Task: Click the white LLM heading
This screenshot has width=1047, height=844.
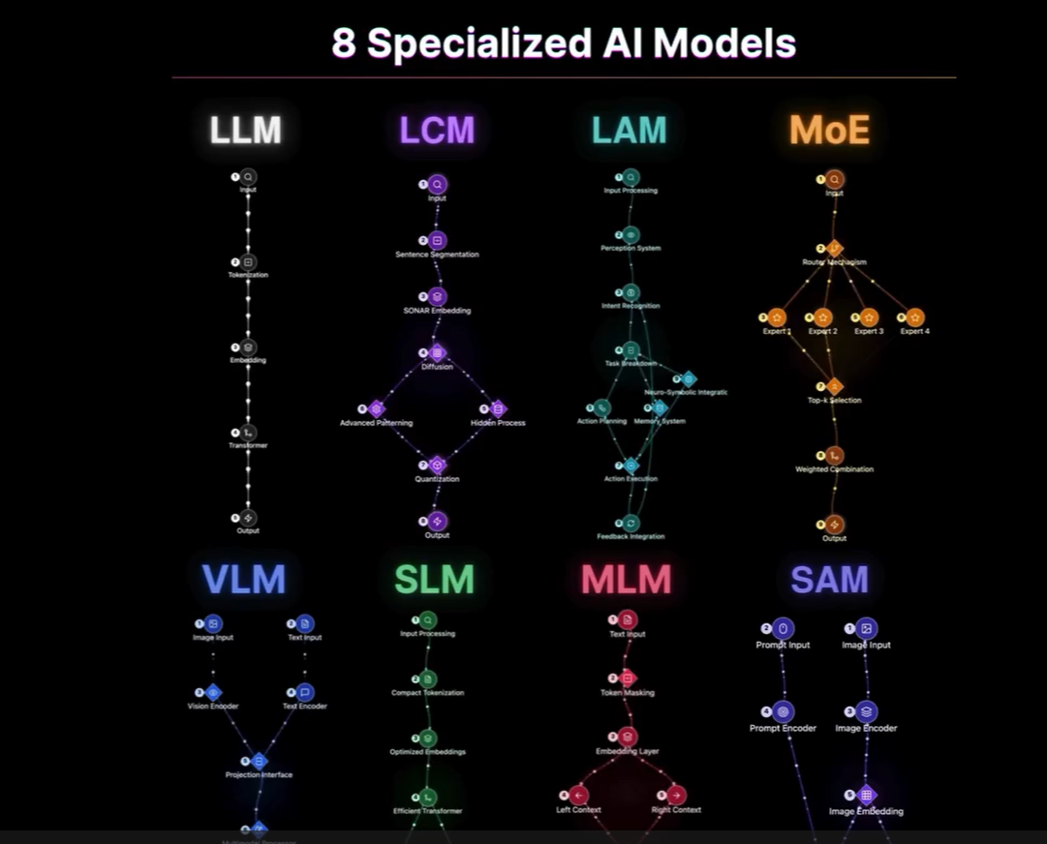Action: point(246,130)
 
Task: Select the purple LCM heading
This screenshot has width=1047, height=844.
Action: point(437,130)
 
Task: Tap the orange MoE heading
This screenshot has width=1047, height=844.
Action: point(829,130)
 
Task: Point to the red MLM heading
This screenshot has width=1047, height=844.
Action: point(626,579)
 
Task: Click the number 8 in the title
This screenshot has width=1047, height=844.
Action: point(344,44)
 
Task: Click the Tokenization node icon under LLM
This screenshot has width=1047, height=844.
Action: point(249,262)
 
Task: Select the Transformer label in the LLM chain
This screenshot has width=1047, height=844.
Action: point(248,445)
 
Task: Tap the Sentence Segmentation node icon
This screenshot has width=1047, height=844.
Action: point(438,240)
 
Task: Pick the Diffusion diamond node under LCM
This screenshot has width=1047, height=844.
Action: point(437,353)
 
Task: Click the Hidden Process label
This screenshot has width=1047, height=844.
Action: point(498,423)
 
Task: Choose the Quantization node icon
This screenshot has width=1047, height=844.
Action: point(437,466)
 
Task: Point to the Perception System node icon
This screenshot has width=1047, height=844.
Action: point(631,235)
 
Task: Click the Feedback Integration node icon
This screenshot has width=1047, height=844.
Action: point(631,524)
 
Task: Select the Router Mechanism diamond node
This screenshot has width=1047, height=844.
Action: point(835,249)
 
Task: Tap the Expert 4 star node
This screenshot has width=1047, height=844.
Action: point(914,317)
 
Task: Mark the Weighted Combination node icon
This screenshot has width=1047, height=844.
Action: point(835,456)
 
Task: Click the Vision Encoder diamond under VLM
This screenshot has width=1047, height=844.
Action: point(214,693)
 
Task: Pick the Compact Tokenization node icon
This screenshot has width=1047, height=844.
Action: point(428,679)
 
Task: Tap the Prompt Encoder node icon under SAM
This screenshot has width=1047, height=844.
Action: point(784,712)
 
